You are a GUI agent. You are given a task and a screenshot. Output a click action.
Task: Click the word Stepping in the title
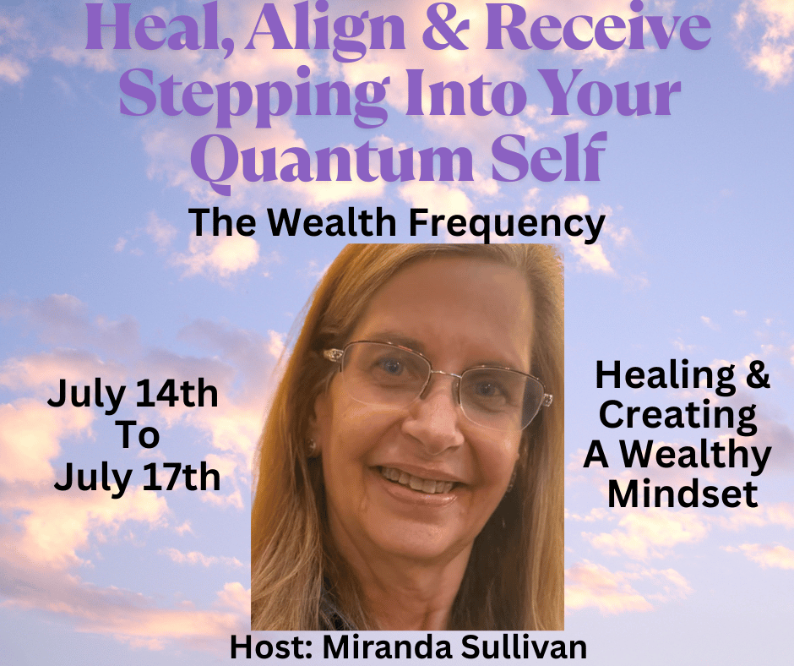tap(254, 96)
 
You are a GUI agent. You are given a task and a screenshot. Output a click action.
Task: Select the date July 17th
tap(137, 478)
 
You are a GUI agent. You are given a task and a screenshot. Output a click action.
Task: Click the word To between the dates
tap(138, 435)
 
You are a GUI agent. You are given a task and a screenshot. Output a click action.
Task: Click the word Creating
tap(678, 416)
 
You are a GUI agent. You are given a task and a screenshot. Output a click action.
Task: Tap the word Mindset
tap(683, 494)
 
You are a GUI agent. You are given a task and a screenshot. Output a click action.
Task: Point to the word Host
tap(272, 647)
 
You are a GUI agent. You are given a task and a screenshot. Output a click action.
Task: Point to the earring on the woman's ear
tap(313, 448)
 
